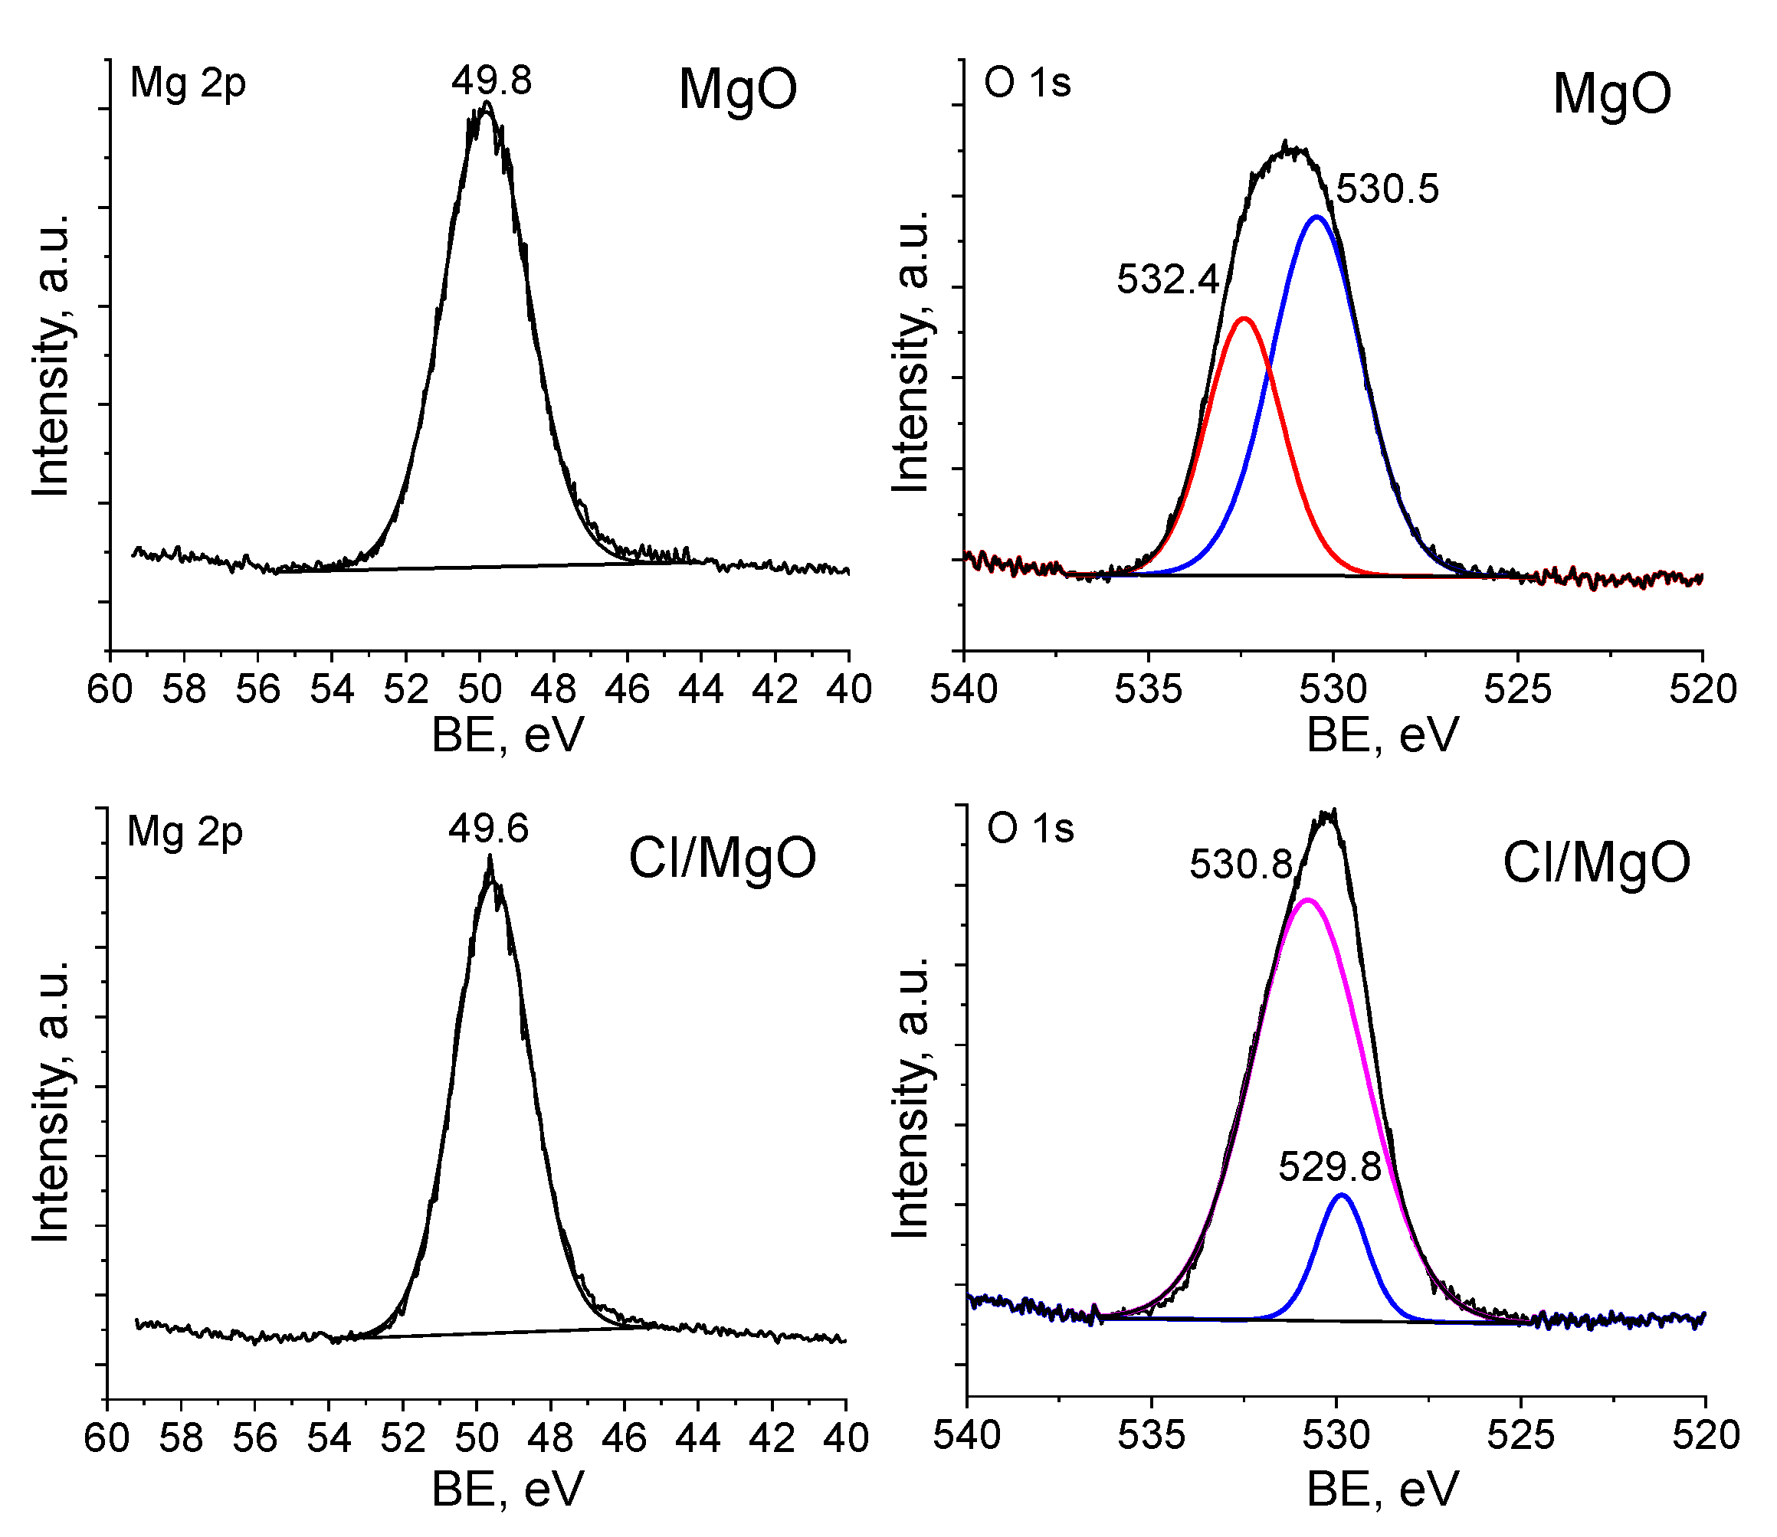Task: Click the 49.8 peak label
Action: [x=492, y=80]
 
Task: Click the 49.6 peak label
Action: [x=488, y=829]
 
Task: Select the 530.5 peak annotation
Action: [x=1388, y=188]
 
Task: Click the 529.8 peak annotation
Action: [x=1330, y=1166]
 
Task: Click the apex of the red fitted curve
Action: [x=1244, y=319]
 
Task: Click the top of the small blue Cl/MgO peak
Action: [x=1342, y=1195]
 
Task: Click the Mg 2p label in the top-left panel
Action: [x=188, y=84]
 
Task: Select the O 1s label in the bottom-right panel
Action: [x=1031, y=829]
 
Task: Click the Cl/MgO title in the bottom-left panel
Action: [x=723, y=858]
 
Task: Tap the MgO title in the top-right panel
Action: [x=1611, y=93]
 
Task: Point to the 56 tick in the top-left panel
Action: [x=258, y=689]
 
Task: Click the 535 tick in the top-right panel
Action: [x=1148, y=689]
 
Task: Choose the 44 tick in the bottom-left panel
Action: [x=697, y=1437]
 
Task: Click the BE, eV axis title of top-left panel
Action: [x=507, y=735]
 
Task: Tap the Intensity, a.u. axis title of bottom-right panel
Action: [x=911, y=1099]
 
